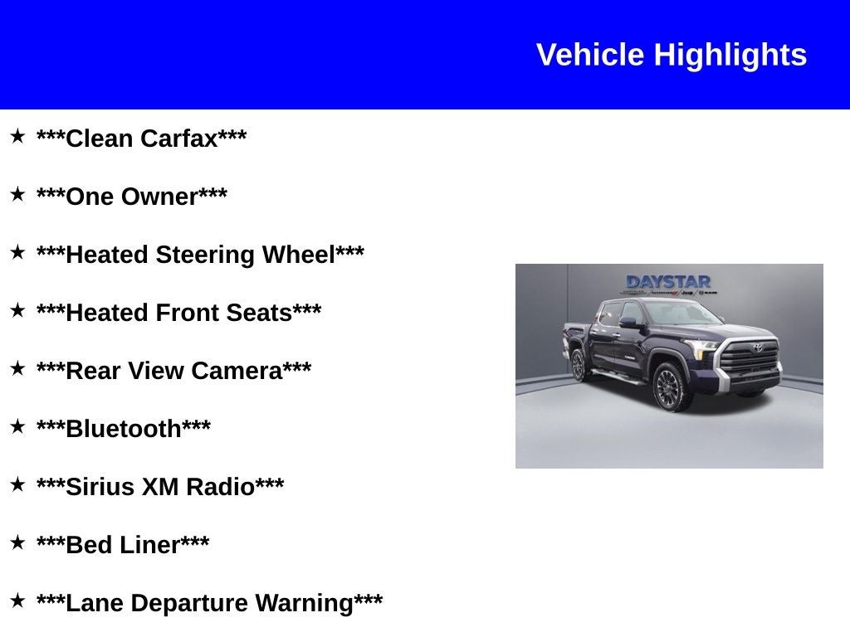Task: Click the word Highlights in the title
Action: coord(730,56)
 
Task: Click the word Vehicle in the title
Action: coord(590,56)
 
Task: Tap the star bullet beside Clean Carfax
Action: coord(17,136)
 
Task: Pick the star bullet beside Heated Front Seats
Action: coord(17,310)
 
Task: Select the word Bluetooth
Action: coord(123,429)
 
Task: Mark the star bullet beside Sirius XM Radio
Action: coord(17,484)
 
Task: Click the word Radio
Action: coord(219,487)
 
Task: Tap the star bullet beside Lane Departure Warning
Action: coord(17,601)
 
